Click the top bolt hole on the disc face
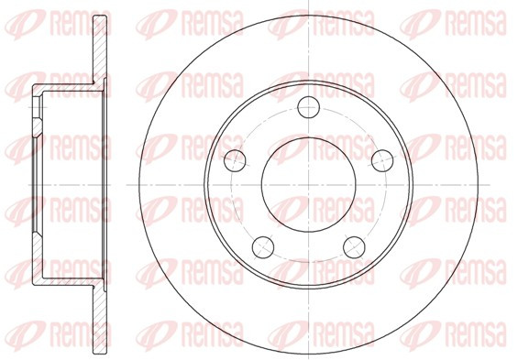point(309,107)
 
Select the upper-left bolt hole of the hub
point(235,160)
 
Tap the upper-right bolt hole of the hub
point(382,160)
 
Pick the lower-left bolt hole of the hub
point(263,247)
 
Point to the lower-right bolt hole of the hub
point(354,247)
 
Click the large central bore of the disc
point(309,184)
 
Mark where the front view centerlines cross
point(309,184)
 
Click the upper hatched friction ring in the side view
point(100,49)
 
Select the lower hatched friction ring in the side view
point(100,320)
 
